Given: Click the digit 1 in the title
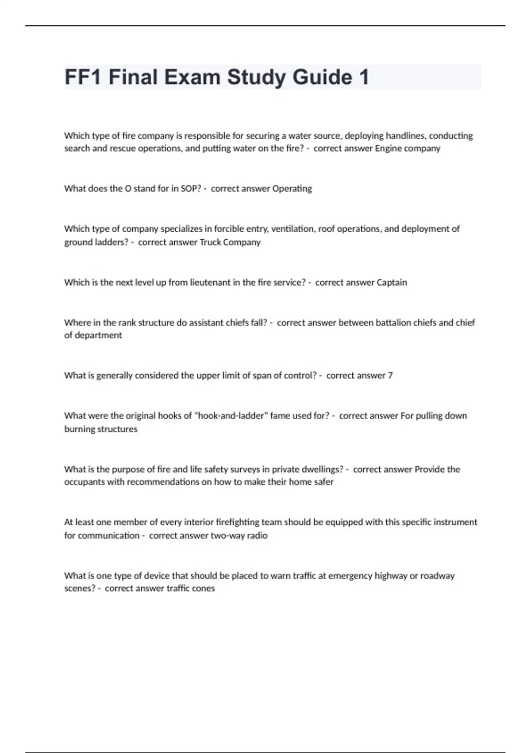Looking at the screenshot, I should click(364, 77).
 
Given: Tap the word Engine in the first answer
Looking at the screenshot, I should click(388, 148).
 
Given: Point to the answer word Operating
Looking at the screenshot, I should click(292, 189).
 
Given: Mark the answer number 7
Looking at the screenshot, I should click(390, 376).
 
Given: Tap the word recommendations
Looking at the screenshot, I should click(162, 482).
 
